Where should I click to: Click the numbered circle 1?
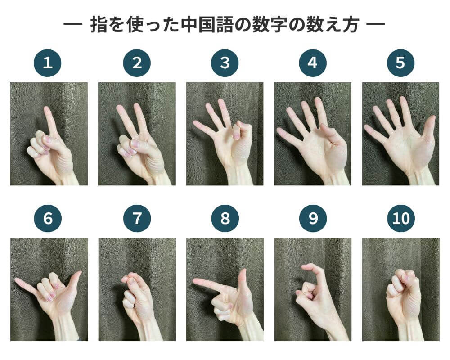48,63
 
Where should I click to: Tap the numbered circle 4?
313,63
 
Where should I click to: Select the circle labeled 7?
137,218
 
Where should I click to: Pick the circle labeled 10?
401,218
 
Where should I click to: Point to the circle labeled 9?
313,218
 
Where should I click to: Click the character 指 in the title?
99,25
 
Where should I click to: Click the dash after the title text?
376,24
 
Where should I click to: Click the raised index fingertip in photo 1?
46,109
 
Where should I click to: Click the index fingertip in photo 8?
196,281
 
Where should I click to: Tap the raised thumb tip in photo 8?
244,271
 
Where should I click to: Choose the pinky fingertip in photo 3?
196,124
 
